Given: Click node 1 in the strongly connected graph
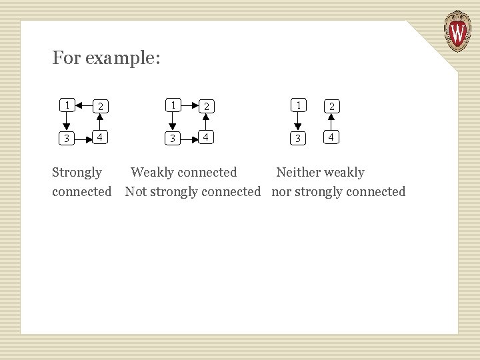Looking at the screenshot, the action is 66,105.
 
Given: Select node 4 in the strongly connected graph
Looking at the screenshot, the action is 99,137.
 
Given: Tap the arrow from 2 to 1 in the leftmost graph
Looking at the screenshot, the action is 83,105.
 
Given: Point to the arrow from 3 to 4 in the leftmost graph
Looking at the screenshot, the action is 83,138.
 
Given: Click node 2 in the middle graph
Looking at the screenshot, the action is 207,105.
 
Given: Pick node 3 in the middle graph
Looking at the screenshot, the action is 173,138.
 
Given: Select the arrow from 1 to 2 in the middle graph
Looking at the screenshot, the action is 190,105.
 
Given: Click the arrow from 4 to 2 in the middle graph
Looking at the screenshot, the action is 207,121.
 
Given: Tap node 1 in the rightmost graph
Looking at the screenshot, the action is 299,105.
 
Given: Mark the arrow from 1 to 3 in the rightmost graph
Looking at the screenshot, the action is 299,121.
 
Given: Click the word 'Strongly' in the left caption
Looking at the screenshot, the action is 77,173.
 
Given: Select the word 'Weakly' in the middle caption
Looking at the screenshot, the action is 152,173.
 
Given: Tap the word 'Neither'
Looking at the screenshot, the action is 298,173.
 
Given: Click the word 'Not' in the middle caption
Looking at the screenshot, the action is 135,192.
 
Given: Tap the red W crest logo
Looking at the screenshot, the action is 457,31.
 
